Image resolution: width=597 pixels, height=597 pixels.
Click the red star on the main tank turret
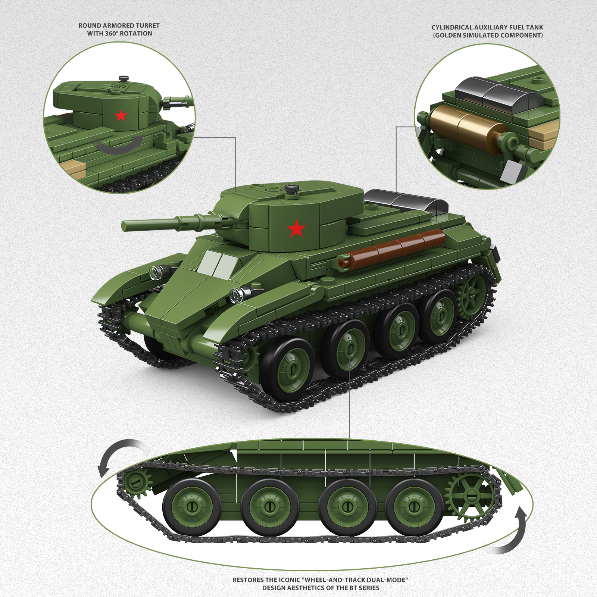297,228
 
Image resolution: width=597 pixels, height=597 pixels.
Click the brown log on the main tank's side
391,249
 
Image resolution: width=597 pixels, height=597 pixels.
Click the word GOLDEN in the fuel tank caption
448,35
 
